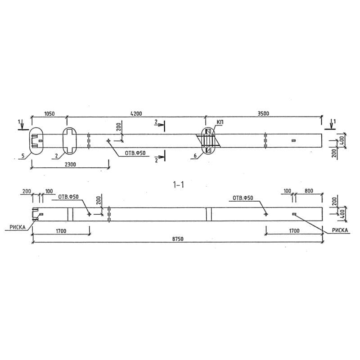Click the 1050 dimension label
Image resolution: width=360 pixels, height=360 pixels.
(x=49, y=114)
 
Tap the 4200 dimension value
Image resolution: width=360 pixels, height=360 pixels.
(x=136, y=114)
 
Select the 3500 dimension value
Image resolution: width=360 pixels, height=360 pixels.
(x=263, y=113)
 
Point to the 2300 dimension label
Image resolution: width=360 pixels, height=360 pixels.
(x=70, y=164)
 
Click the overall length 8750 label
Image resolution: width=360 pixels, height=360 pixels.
(x=178, y=239)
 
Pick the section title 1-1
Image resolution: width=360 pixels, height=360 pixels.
(x=178, y=184)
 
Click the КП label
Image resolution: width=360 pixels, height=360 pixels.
(x=220, y=122)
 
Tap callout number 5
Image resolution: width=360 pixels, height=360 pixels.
(x=23, y=156)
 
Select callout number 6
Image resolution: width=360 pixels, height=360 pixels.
(x=195, y=156)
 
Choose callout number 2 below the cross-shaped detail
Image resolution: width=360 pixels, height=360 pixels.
(x=56, y=156)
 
